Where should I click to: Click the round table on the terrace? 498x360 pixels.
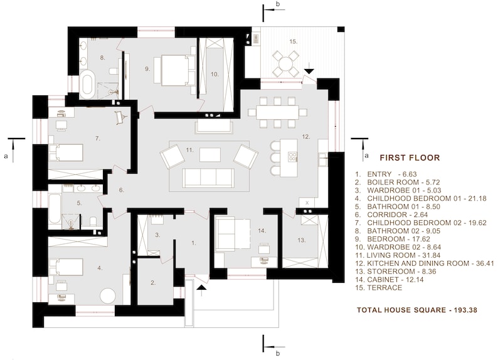(x=285, y=62)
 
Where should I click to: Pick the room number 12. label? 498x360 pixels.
(x=306, y=136)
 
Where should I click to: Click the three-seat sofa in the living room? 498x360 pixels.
(x=208, y=177)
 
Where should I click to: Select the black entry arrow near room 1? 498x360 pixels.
(x=201, y=289)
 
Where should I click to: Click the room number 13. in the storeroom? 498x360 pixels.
(x=301, y=240)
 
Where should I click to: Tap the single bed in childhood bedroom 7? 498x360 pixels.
(x=66, y=152)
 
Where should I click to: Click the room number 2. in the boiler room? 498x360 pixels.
(x=153, y=283)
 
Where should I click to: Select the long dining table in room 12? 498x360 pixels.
(x=277, y=112)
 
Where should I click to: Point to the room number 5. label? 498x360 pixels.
(x=80, y=203)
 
